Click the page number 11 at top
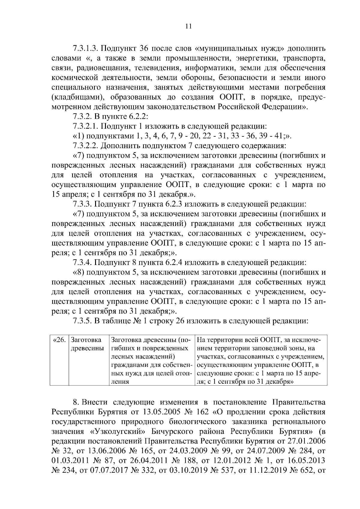coord(188,26)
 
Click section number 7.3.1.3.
coord(86,49)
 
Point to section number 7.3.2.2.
coord(86,146)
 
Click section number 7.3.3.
coord(82,204)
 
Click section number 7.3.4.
coord(82,263)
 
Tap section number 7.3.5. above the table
coord(82,321)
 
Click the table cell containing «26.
coord(59,340)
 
